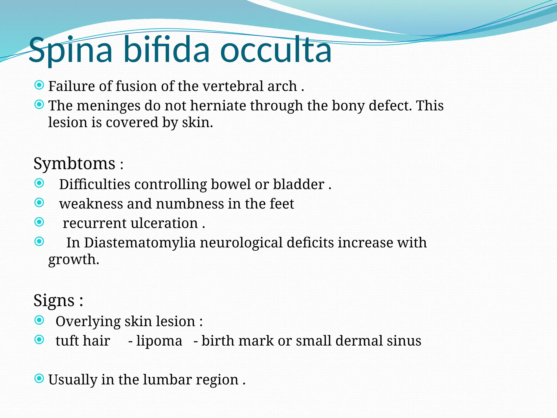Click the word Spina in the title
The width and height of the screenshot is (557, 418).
click(x=70, y=50)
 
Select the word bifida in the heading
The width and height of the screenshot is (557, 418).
click(x=166, y=50)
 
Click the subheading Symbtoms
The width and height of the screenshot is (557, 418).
click(x=74, y=164)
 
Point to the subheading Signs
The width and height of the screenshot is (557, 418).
click(x=54, y=300)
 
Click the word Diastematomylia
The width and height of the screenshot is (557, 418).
click(x=140, y=242)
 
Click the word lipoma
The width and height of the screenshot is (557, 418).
click(x=159, y=341)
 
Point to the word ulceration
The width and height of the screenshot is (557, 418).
click(x=164, y=223)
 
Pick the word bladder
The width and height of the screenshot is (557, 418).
click(x=299, y=184)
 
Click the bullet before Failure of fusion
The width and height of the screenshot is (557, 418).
click(x=39, y=85)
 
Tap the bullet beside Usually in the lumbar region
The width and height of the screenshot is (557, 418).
click(x=39, y=378)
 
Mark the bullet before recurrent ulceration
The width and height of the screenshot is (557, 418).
click(x=39, y=222)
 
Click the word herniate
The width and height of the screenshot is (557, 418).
click(x=218, y=106)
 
